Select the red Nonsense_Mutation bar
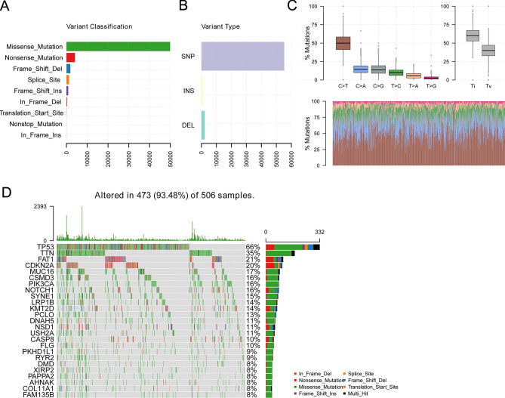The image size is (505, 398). pos(70,57)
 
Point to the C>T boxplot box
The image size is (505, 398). pos(343,43)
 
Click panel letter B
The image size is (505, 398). pos(181,8)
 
